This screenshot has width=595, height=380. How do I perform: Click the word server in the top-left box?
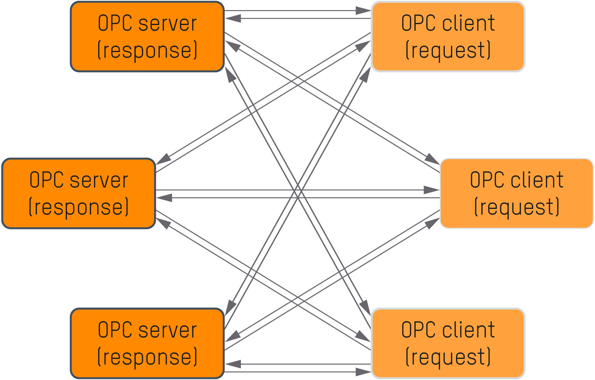168,24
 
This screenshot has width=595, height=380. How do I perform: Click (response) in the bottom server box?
147,357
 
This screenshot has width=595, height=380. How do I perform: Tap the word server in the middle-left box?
99,181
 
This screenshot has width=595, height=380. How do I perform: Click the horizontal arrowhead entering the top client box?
363,11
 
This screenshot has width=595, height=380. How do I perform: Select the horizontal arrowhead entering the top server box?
233,18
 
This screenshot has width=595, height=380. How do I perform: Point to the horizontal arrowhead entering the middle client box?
431,190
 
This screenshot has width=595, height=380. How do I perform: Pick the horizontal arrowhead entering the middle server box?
164,197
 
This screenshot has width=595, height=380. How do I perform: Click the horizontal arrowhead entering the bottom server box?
233,364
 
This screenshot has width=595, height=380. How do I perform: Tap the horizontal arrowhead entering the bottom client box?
363,372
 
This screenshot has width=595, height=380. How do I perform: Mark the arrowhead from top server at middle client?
432,160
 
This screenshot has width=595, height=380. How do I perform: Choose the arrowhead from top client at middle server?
164,159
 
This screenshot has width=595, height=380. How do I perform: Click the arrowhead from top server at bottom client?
366,307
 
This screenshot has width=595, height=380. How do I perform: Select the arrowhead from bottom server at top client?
366,75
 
